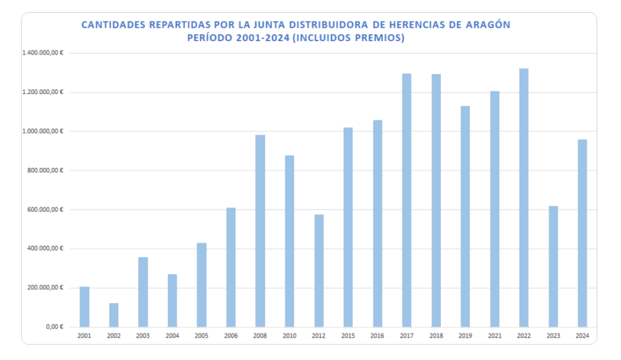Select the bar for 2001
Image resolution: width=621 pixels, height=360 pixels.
click(84, 307)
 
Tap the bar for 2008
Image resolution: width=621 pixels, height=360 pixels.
click(260, 231)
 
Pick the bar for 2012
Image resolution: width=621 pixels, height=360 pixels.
click(318, 271)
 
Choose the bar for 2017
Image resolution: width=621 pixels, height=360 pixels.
click(406, 201)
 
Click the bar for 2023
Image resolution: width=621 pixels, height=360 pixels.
click(553, 267)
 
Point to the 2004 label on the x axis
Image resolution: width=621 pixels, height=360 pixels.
click(172, 335)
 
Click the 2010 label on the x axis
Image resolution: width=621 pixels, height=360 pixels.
click(289, 335)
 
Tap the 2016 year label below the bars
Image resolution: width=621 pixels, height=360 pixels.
click(377, 335)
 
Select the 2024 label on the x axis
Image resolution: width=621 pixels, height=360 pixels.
click(582, 335)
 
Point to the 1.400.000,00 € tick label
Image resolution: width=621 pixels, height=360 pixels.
click(43, 53)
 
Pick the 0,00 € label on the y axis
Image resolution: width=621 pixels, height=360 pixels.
click(56, 327)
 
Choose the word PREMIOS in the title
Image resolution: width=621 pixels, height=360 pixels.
click(380, 38)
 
